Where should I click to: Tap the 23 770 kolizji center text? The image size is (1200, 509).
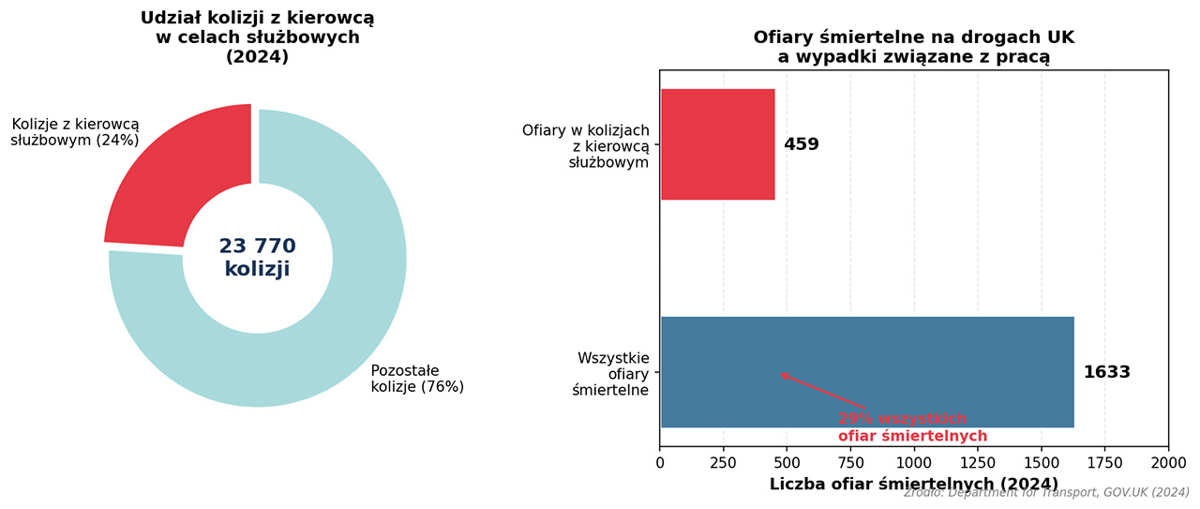(257, 258)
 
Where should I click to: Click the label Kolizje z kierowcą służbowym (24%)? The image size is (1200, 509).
(74, 132)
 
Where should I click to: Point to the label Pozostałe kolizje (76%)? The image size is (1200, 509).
(417, 378)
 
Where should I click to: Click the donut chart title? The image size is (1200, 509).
(257, 37)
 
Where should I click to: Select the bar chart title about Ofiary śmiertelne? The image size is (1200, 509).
(913, 47)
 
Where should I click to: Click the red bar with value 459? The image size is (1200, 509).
(718, 144)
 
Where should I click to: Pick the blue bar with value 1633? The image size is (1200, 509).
(867, 372)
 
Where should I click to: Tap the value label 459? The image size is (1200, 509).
(802, 144)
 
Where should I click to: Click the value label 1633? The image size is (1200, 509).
(1106, 372)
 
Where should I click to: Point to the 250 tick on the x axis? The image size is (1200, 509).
(723, 462)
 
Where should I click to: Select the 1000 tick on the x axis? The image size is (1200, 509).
(913, 462)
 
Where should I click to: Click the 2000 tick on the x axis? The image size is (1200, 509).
(1167, 462)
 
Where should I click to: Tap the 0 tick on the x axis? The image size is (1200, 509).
(660, 462)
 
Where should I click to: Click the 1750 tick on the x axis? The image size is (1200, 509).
(1103, 462)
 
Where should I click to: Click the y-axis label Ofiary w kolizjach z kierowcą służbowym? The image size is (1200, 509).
(586, 145)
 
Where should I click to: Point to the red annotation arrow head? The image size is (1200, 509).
(782, 374)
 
